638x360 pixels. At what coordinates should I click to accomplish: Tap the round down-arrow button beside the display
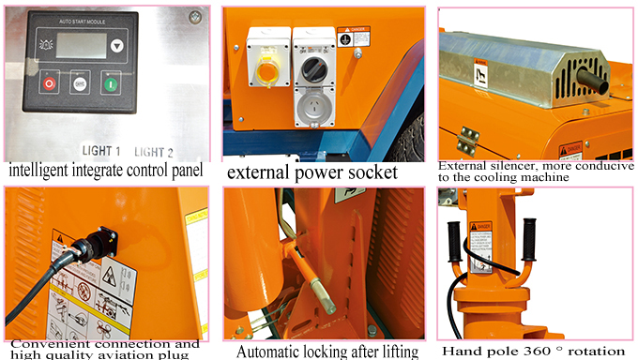pos(115,44)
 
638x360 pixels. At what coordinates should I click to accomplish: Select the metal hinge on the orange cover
pos(466,135)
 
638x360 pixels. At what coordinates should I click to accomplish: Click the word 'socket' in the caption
pos(361,172)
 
